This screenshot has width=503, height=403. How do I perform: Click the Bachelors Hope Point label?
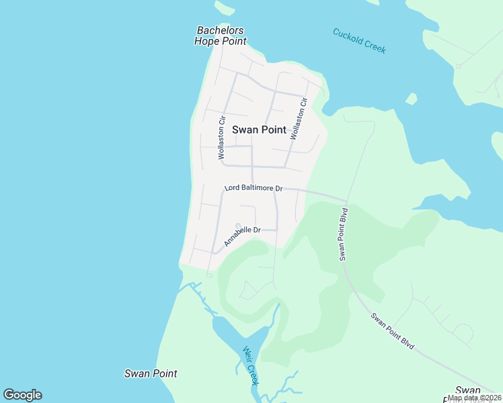coord(220,36)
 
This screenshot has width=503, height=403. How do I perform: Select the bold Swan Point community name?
coord(259,130)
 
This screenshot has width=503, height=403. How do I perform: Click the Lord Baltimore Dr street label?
coord(253,188)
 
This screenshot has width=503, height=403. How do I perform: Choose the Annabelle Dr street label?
coord(241,236)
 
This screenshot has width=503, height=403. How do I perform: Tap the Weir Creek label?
coord(250,365)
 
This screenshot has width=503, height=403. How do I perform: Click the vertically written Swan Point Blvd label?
coord(344,234)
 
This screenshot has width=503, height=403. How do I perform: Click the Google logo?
coord(22,395)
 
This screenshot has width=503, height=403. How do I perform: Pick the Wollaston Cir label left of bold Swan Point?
coord(221,138)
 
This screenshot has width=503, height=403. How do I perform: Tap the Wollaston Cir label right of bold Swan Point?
coord(299,119)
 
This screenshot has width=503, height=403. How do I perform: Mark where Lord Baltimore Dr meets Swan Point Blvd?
coord(346,201)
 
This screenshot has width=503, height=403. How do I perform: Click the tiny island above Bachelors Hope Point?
coord(224,7)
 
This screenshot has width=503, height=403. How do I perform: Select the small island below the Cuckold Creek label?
coord(411,99)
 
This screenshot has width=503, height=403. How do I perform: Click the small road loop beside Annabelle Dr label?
coord(237,226)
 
